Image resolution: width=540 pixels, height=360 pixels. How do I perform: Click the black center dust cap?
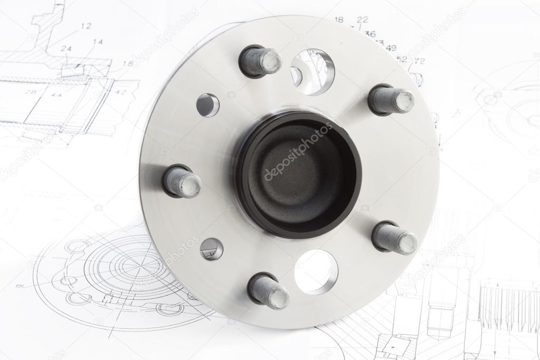[x=298, y=174]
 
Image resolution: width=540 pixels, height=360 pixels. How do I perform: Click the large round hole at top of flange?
[x=312, y=72]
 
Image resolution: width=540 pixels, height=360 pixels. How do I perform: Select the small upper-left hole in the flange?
[x=207, y=105]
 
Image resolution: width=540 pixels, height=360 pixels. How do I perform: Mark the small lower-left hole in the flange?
[x=211, y=249]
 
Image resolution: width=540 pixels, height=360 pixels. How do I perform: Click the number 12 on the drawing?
[x=86, y=25]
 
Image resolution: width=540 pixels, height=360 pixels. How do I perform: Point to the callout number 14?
[x=98, y=41]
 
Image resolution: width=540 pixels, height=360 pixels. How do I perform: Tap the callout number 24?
[x=65, y=49]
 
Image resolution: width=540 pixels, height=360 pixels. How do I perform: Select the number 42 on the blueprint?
[x=121, y=92]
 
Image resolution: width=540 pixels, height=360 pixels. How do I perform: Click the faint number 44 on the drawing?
[x=56, y=95]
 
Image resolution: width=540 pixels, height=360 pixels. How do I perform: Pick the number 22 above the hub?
[x=362, y=20]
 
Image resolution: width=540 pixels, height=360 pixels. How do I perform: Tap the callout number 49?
[x=391, y=48]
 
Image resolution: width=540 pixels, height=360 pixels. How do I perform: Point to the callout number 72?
[x=419, y=61]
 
